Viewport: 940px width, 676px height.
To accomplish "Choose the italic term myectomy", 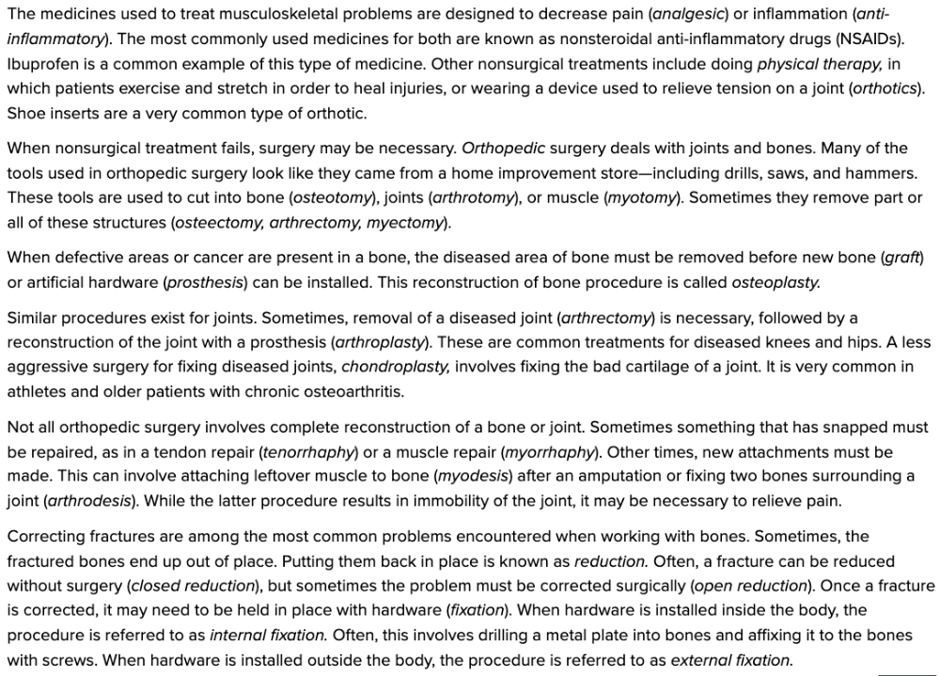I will (x=406, y=223).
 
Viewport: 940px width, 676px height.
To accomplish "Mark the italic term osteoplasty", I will (x=775, y=282).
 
